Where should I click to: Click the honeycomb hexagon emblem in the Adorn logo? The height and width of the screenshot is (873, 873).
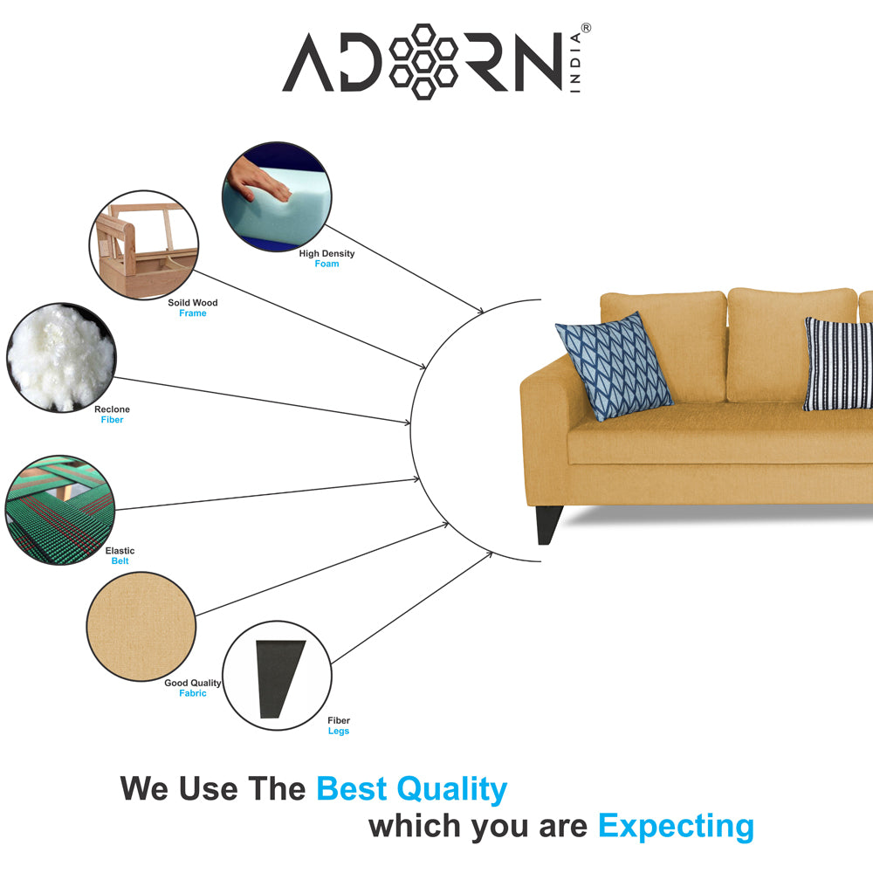pyautogui.click(x=423, y=62)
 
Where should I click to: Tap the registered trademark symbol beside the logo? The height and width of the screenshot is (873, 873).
pyautogui.click(x=586, y=28)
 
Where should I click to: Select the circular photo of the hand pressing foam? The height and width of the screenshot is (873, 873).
pyautogui.click(x=277, y=196)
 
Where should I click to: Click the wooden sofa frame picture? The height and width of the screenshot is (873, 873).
pyautogui.click(x=144, y=245)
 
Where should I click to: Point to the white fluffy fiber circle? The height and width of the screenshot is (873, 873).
pyautogui.click(x=61, y=357)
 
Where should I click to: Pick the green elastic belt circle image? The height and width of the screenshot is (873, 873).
pyautogui.click(x=60, y=510)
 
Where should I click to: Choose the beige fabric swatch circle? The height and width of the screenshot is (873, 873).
pyautogui.click(x=141, y=626)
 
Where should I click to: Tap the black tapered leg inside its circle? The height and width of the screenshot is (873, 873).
pyautogui.click(x=280, y=678)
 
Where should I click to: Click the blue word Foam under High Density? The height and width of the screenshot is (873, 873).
pyautogui.click(x=327, y=264)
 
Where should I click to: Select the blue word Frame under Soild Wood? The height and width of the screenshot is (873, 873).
pyautogui.click(x=193, y=313)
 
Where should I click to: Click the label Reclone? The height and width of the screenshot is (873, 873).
pyautogui.click(x=112, y=409)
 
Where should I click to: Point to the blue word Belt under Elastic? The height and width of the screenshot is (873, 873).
pyautogui.click(x=120, y=561)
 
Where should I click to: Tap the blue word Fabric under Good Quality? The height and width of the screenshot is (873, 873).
pyautogui.click(x=193, y=693)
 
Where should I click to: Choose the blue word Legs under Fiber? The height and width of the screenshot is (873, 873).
pyautogui.click(x=339, y=731)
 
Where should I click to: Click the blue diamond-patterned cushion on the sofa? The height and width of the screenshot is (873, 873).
pyautogui.click(x=614, y=366)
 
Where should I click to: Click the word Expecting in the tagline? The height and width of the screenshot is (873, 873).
pyautogui.click(x=677, y=826)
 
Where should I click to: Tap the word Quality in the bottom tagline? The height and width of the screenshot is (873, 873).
pyautogui.click(x=451, y=789)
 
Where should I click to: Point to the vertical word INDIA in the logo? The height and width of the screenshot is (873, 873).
pyautogui.click(x=575, y=62)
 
